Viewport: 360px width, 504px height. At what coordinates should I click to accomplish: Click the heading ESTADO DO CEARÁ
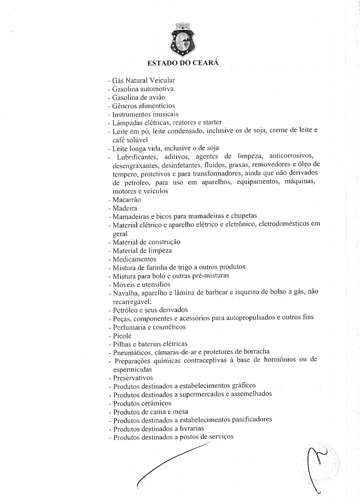pyautogui.click(x=183, y=63)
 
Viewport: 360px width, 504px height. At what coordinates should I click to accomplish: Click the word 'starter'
pyautogui.click(x=212, y=122)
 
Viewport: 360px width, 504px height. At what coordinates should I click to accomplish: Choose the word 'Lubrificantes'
pyautogui.click(x=137, y=156)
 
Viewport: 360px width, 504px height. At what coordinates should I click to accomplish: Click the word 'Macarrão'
pyautogui.click(x=127, y=200)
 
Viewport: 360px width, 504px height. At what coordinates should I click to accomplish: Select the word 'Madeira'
pyautogui.click(x=125, y=208)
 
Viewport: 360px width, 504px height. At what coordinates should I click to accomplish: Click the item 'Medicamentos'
pyautogui.click(x=134, y=259)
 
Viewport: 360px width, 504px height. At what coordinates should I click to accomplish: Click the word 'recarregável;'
pyautogui.click(x=132, y=302)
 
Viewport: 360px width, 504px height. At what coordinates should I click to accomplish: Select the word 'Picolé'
pyautogui.click(x=122, y=336)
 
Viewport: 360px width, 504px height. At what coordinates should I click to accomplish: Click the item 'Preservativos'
pyautogui.click(x=133, y=378)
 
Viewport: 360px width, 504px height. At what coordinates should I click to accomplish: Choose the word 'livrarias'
pyautogui.click(x=192, y=428)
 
